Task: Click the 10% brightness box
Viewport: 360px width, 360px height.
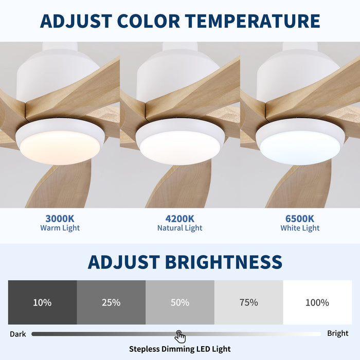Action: tap(42, 302)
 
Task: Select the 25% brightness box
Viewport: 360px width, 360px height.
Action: tap(111, 302)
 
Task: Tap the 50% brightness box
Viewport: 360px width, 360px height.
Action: tap(180, 302)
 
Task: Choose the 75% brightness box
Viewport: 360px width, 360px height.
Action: tap(249, 302)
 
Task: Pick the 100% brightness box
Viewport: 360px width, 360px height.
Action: tap(317, 302)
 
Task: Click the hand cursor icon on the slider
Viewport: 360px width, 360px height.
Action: tap(180, 337)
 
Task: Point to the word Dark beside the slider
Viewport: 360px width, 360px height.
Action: tap(18, 334)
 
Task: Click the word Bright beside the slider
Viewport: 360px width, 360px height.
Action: tap(338, 333)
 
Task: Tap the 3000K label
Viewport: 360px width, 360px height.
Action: tap(60, 218)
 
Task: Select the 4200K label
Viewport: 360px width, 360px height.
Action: tap(180, 218)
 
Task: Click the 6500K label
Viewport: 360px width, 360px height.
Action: tap(300, 218)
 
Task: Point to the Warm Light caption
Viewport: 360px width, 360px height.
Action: tap(60, 228)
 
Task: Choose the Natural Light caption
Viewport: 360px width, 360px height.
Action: tap(180, 228)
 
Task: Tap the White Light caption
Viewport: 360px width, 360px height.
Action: tap(300, 228)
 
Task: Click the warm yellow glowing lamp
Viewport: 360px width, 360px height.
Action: tap(60, 147)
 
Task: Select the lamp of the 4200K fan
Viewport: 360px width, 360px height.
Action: tap(179, 147)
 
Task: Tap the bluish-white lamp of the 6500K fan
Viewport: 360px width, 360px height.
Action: tap(300, 147)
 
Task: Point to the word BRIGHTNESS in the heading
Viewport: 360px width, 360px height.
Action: tap(223, 262)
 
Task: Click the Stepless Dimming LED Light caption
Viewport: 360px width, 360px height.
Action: tap(180, 349)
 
